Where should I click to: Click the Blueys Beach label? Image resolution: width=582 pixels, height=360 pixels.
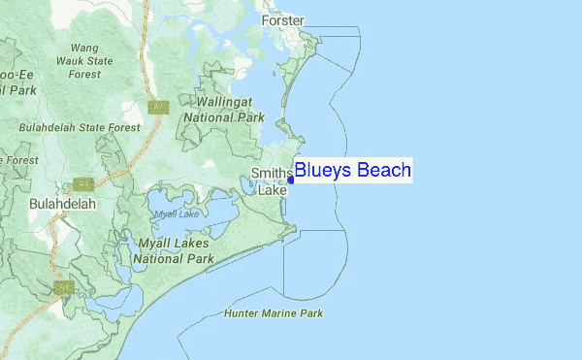click(352, 171)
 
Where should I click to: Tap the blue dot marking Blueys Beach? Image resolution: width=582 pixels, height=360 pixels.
click(290, 180)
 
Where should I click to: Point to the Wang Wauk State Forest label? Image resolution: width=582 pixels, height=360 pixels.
click(84, 60)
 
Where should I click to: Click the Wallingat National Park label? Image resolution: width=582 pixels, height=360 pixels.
click(230, 109)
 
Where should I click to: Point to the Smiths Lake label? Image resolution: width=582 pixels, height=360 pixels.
click(272, 181)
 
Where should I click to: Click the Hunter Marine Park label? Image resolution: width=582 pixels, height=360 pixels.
click(273, 313)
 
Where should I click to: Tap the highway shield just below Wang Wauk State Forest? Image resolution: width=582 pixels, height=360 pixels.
click(158, 106)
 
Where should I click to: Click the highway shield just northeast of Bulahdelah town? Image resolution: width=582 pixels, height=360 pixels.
click(82, 183)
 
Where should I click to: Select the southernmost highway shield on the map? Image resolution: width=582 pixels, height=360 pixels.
click(65, 288)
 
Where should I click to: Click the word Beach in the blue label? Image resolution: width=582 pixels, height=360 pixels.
click(383, 171)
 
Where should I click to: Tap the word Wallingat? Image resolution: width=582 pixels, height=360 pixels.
click(230, 101)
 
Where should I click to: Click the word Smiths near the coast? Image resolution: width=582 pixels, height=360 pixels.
click(271, 174)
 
